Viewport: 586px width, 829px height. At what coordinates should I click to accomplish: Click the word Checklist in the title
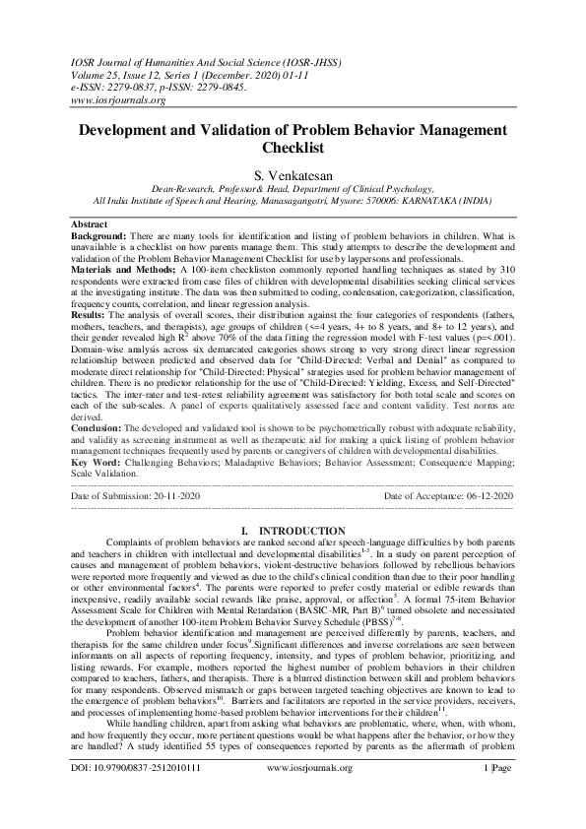293,149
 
